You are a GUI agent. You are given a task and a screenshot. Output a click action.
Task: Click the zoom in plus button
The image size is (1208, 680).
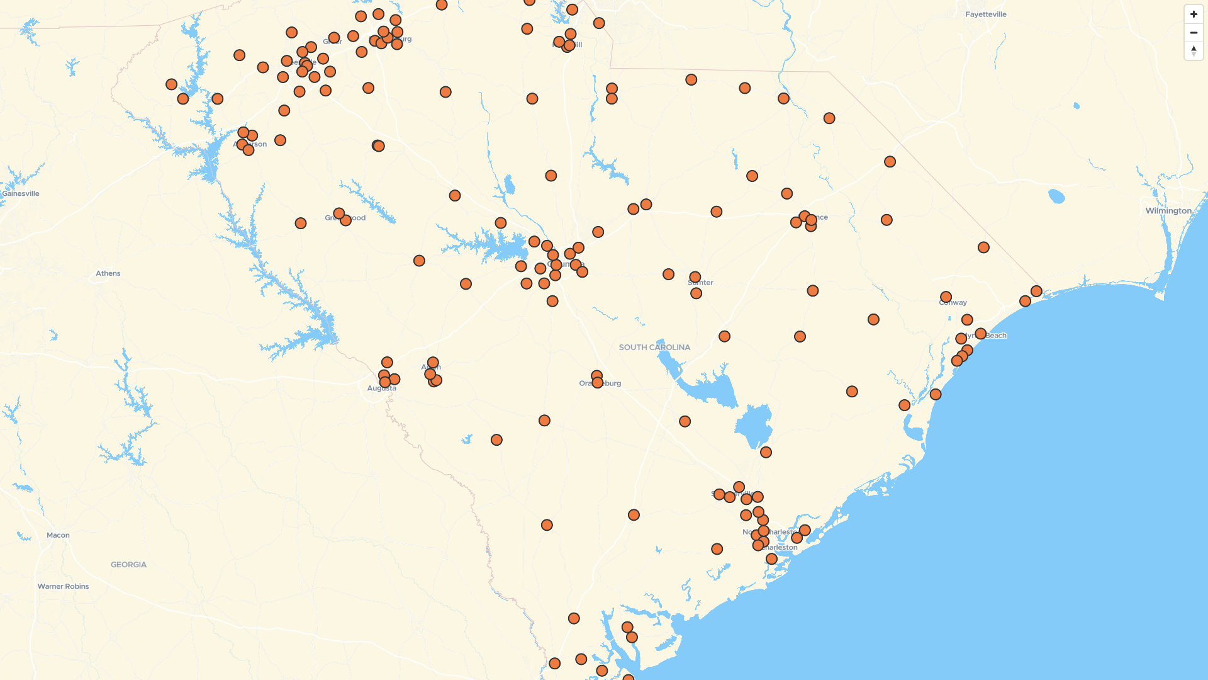(x=1194, y=14)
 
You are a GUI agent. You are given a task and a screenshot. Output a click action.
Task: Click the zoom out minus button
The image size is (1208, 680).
(x=1194, y=33)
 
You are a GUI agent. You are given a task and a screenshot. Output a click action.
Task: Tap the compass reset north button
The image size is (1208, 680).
(x=1194, y=51)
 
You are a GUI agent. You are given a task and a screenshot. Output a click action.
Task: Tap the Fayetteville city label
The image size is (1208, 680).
(x=986, y=14)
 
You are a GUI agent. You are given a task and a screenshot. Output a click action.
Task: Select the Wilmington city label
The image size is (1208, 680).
(x=1168, y=211)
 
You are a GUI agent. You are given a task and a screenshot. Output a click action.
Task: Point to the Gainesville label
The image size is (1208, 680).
(x=21, y=194)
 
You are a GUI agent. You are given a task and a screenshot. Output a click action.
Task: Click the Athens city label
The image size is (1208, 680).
(x=108, y=273)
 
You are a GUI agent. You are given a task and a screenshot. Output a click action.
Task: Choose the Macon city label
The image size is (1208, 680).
(x=58, y=535)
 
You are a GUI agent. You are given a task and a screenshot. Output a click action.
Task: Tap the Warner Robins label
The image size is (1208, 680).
(x=63, y=586)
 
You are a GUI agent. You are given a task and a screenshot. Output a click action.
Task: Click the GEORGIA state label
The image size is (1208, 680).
(x=128, y=565)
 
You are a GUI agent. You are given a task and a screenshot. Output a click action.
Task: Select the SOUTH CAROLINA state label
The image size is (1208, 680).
(x=654, y=348)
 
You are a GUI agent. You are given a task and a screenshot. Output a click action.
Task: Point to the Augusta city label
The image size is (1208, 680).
(x=381, y=388)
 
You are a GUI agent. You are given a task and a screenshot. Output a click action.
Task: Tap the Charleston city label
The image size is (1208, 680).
(x=780, y=548)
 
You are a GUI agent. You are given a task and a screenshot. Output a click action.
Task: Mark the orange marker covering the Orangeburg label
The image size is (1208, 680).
(x=598, y=382)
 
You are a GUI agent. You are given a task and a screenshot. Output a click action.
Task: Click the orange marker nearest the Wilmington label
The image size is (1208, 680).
(x=1036, y=292)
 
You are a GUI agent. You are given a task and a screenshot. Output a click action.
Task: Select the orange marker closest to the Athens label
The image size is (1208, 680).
(x=301, y=224)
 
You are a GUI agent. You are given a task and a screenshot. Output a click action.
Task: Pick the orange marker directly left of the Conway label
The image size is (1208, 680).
(x=946, y=297)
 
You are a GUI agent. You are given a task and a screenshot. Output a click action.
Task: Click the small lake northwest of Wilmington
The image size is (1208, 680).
(x=1056, y=196)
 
